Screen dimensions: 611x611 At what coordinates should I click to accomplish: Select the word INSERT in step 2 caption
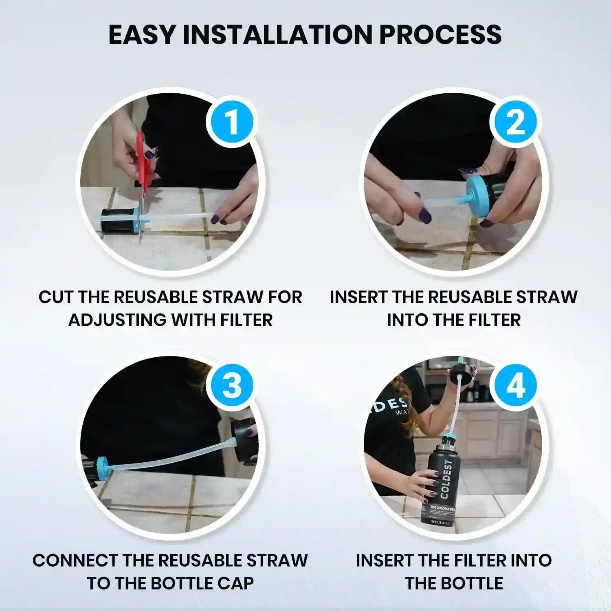(x=358, y=297)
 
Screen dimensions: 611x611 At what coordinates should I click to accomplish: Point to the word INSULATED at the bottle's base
(x=440, y=522)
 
